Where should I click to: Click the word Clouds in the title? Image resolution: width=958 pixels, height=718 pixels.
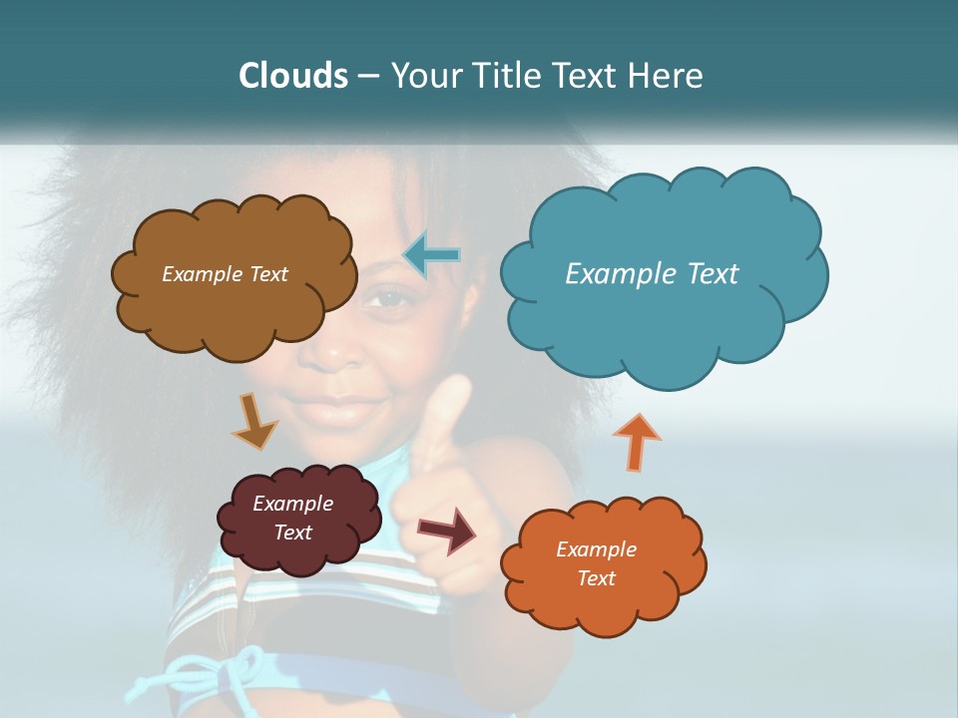tap(292, 76)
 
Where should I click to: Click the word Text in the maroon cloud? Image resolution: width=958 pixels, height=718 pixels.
tap(292, 533)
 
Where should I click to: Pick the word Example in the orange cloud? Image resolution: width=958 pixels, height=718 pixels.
tap(596, 549)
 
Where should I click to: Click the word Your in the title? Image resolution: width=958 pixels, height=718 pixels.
tap(422, 76)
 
